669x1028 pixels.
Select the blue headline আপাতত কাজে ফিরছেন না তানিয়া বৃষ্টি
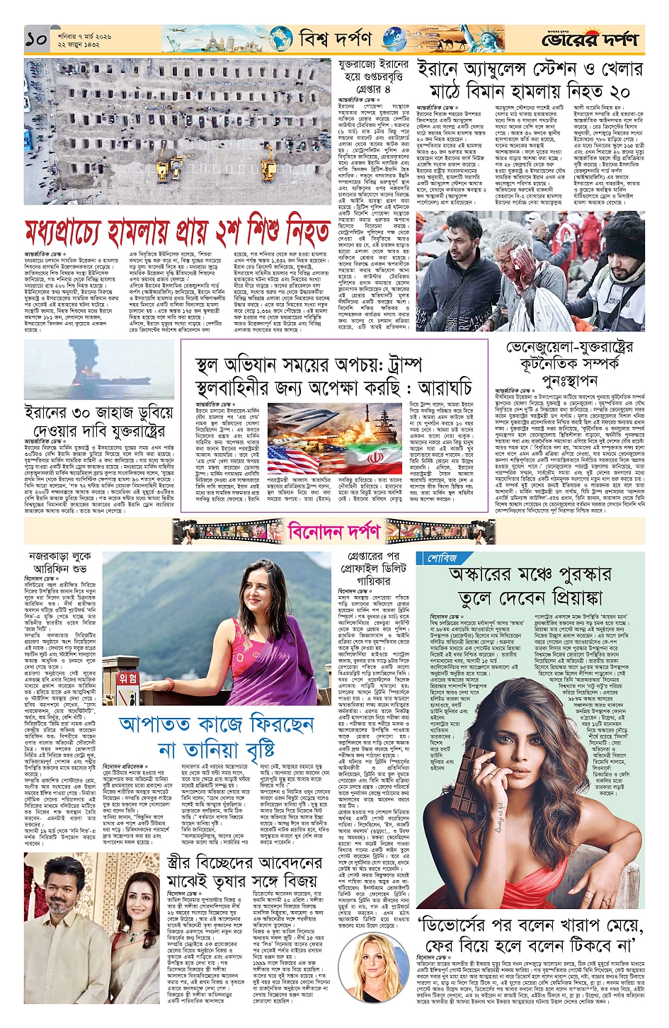[x=216, y=736]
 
